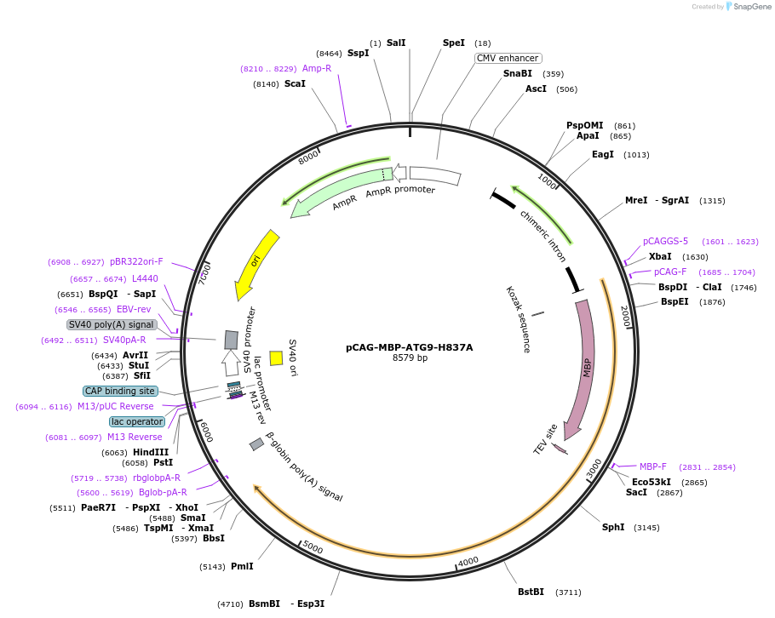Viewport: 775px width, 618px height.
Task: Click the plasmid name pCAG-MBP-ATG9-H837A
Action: tap(409, 347)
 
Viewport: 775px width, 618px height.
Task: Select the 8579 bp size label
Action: tap(410, 358)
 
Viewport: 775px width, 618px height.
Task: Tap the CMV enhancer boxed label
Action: tap(508, 58)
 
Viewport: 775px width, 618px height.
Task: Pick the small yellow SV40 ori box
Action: tap(276, 358)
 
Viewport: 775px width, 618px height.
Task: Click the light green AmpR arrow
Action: tap(336, 192)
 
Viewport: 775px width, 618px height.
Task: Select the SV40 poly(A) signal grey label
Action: tap(112, 324)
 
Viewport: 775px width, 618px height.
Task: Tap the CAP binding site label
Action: tap(120, 391)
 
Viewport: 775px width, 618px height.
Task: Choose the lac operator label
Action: tap(136, 421)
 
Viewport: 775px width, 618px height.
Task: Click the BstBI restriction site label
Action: tap(531, 592)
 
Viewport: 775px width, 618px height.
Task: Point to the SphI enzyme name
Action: tap(613, 527)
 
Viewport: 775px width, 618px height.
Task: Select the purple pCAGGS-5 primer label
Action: tap(665, 241)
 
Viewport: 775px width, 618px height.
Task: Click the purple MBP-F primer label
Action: tap(653, 466)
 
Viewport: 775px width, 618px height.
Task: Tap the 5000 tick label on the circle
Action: tap(313, 547)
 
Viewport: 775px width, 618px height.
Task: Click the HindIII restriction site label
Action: tap(151, 452)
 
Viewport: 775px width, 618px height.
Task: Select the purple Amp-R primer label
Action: tap(317, 68)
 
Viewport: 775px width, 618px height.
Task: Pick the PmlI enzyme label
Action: tap(242, 566)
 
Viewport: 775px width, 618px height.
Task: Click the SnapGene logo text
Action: tap(752, 7)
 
